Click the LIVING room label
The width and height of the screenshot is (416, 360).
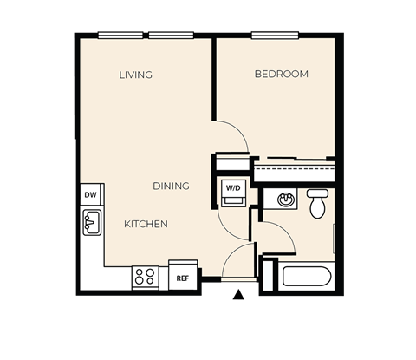tap(135, 75)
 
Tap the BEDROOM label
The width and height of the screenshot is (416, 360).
tap(281, 75)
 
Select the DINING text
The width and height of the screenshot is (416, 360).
tap(171, 186)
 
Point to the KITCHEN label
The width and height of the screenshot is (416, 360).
tap(146, 224)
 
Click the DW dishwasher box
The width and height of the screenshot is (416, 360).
tap(91, 195)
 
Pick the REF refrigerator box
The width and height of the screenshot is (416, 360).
tap(183, 278)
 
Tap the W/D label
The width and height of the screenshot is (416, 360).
tap(233, 187)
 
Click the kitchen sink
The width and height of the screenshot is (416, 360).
tap(92, 223)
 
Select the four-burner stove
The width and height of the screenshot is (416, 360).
tap(145, 278)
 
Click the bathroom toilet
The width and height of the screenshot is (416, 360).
tap(317, 203)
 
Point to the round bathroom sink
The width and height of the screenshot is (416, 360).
tap(285, 200)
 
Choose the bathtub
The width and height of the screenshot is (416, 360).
tap(307, 278)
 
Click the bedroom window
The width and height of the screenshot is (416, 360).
tap(276, 36)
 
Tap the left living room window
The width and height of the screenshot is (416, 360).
tap(120, 36)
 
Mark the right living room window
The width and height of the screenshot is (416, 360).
tap(170, 36)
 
